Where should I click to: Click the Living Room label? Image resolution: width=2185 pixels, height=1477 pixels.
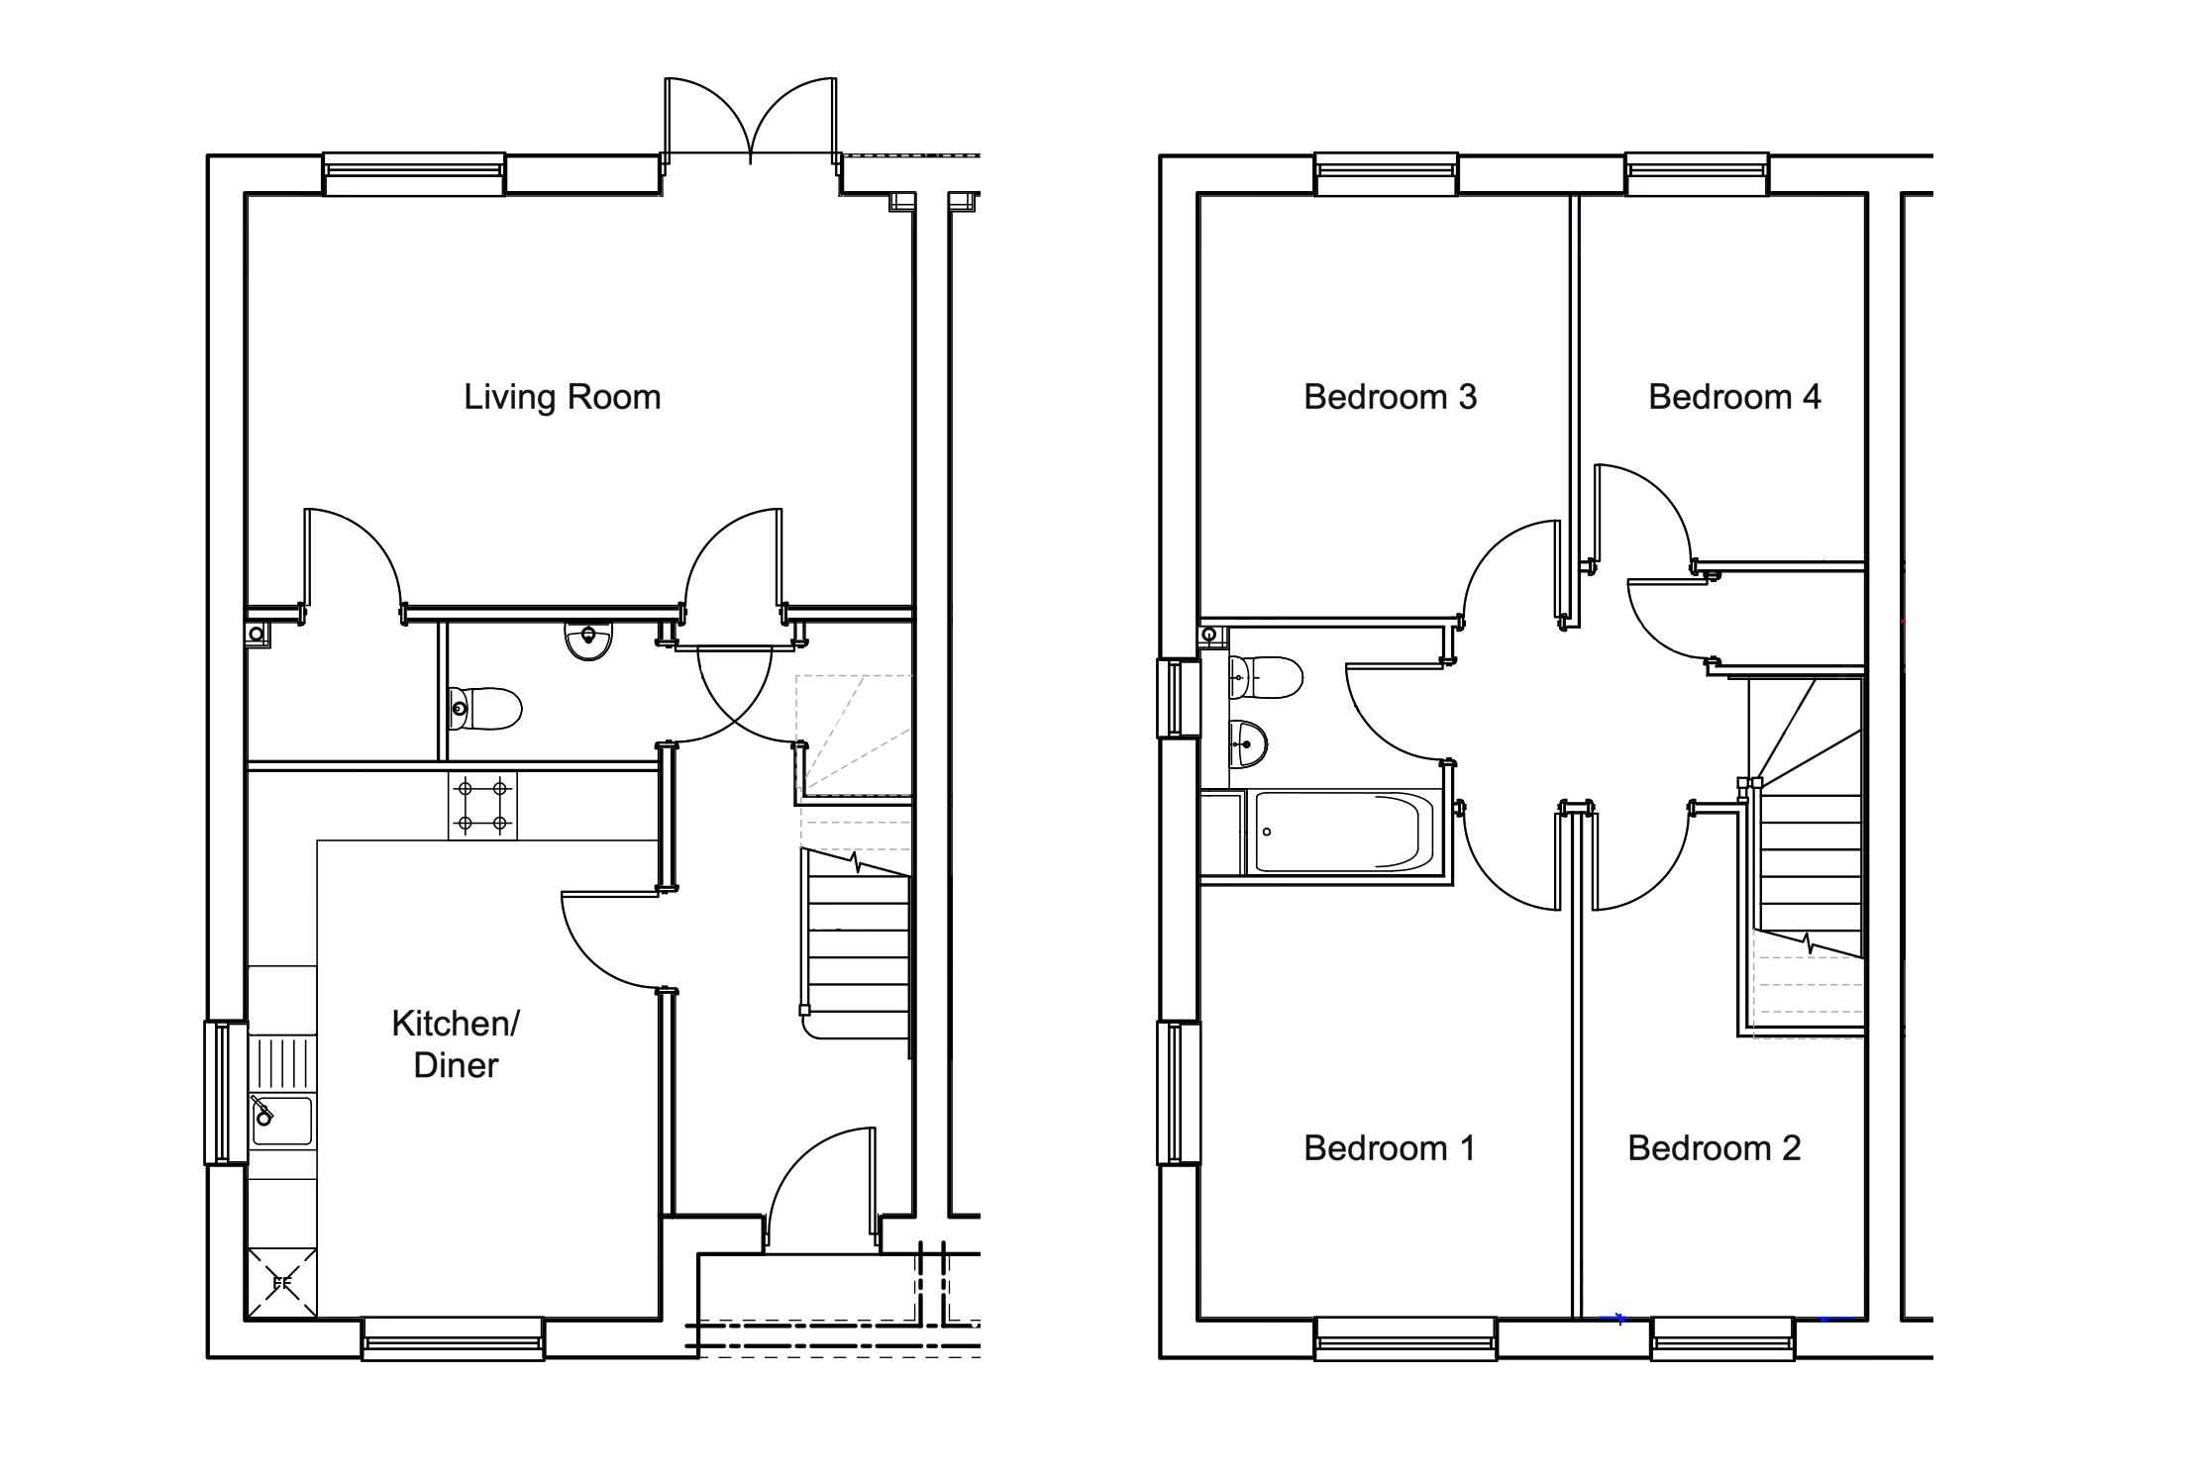coord(562,397)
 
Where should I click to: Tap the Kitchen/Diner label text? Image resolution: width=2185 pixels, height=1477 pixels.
coord(456,1043)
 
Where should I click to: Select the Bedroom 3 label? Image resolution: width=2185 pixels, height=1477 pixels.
coord(1390,397)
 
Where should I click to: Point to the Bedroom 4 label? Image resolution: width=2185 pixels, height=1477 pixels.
coord(1734,397)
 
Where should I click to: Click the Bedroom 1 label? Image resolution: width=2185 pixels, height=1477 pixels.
coord(1390,1148)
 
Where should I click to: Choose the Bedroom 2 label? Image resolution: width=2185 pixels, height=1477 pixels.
coord(1714,1148)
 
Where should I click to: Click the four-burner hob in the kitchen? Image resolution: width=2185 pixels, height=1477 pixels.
coord(482,806)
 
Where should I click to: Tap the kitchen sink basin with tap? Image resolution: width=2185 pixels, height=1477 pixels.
coord(281,1120)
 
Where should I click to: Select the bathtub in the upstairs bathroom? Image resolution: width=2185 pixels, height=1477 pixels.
coord(1344,832)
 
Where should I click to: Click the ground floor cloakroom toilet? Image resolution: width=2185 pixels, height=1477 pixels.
coord(484,709)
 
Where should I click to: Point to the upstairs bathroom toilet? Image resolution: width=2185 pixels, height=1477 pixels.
coord(1265,678)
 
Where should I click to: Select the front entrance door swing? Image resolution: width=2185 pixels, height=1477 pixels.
coord(821,1186)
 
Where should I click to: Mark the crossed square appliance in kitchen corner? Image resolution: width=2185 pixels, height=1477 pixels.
coord(281,1284)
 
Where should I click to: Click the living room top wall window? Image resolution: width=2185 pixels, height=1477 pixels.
coord(414,174)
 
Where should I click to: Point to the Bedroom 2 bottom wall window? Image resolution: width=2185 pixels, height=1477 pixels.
coord(1722,1338)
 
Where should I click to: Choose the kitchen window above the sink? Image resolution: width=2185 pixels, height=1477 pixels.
coord(226,1092)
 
